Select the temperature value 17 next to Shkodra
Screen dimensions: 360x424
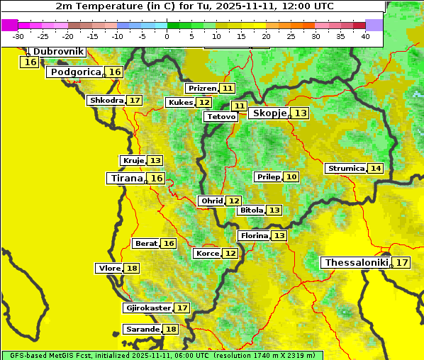click(135, 101)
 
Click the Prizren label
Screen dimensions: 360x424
click(202, 89)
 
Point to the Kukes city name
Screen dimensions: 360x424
click(180, 103)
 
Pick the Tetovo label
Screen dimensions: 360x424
click(221, 116)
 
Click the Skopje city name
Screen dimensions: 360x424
click(269, 113)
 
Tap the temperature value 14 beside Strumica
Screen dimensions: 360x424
click(375, 169)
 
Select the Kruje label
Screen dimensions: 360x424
click(133, 161)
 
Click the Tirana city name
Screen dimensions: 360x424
click(126, 179)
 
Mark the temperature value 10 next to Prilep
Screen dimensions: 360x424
click(291, 176)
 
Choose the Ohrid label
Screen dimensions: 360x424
click(212, 201)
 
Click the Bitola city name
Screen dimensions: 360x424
click(251, 210)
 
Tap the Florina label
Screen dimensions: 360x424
click(254, 235)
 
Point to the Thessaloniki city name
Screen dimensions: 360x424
click(356, 263)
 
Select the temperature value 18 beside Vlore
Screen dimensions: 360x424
click(132, 268)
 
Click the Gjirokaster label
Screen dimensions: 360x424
click(147, 308)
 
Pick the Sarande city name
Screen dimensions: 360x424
click(142, 330)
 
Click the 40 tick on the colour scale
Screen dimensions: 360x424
click(365, 35)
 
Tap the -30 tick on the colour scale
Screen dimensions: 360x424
click(18, 35)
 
